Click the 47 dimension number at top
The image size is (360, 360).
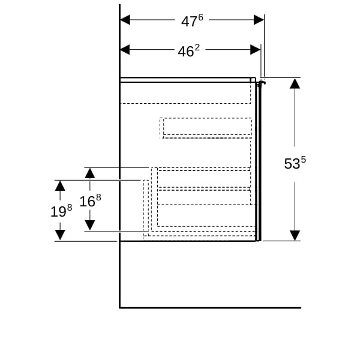(x=189, y=22)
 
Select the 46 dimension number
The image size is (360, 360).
(x=186, y=52)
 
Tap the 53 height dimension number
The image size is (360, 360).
(x=292, y=164)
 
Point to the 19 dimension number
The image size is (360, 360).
(x=58, y=211)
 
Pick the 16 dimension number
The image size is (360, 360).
(x=87, y=201)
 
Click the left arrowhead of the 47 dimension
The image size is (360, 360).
(x=125, y=20)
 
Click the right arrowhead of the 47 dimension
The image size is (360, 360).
(x=259, y=20)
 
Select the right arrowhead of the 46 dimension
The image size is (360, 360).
(x=255, y=49)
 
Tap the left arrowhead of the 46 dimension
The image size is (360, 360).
(x=125, y=49)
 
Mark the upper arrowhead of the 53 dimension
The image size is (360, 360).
(x=295, y=83)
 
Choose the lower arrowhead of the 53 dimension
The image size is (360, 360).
(x=295, y=235)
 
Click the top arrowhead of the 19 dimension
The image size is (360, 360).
(x=60, y=185)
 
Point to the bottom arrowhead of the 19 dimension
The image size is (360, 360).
(x=60, y=235)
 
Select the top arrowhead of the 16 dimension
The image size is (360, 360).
(x=89, y=173)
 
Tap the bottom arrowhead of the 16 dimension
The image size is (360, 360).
(x=89, y=225)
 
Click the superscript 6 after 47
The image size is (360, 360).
(x=200, y=17)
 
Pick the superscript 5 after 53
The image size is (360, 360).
(x=303, y=159)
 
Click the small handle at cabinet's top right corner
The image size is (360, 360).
(x=260, y=83)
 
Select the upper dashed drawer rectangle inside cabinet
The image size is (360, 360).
(x=207, y=126)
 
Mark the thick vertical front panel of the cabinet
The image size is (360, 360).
(x=258, y=162)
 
